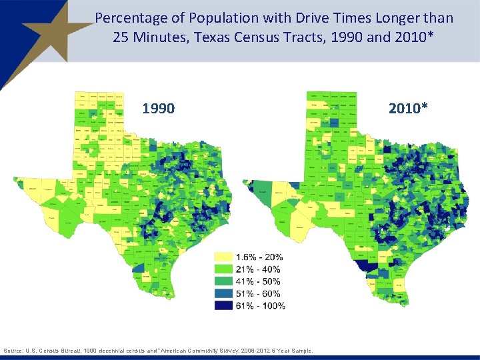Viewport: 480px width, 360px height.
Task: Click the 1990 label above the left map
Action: click(159, 107)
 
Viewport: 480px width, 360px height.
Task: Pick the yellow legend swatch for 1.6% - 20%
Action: click(223, 257)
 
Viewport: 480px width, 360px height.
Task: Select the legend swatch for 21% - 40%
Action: click(223, 269)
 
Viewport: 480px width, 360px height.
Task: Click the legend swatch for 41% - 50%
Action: click(223, 281)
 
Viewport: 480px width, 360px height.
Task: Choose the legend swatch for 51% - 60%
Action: click(223, 293)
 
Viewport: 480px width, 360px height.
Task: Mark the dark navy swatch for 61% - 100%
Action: click(223, 305)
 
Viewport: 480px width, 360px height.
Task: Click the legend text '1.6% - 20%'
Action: click(259, 257)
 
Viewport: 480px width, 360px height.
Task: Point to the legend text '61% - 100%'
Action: click(260, 305)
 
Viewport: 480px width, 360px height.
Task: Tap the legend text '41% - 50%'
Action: click(258, 281)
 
